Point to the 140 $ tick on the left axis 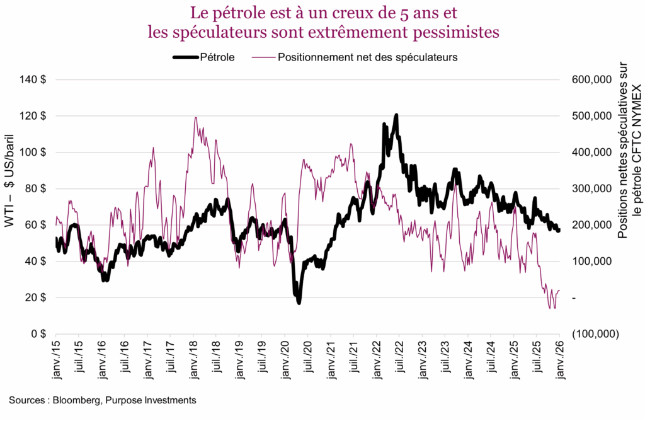[36, 79]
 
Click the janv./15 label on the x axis [56, 359]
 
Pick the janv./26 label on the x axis [559, 359]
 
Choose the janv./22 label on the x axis [376, 359]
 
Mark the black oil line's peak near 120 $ [396, 115]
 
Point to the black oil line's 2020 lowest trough [299, 303]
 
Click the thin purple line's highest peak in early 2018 [196, 117]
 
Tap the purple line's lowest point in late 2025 [550, 308]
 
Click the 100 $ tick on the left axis [36, 152]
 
